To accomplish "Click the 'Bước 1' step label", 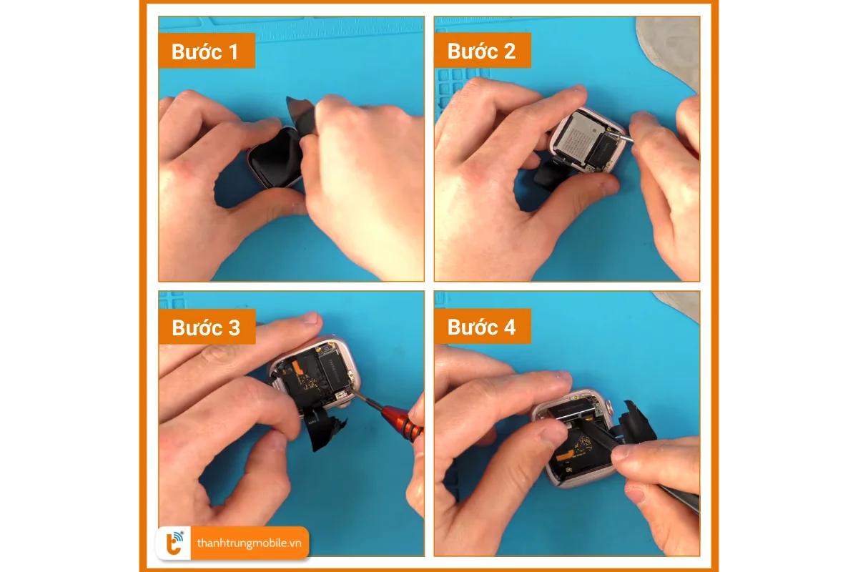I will [206, 51].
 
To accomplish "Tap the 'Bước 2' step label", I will [481, 51].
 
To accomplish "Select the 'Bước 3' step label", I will [206, 327].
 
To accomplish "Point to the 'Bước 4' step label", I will [481, 327].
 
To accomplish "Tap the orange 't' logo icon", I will [174, 543].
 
